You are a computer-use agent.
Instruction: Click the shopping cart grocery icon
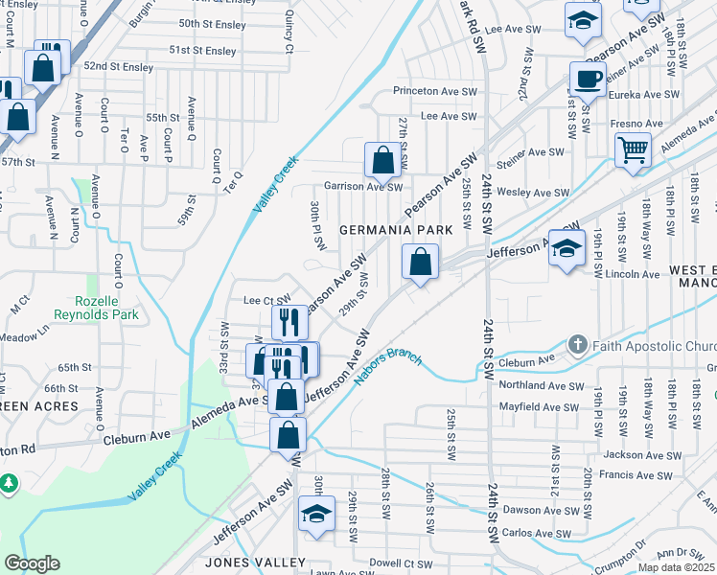click(x=634, y=149)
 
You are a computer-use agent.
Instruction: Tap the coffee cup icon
click(x=588, y=78)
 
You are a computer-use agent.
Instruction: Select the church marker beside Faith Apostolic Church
click(x=577, y=344)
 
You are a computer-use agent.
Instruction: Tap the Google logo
click(x=32, y=563)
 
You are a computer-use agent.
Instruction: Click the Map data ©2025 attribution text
click(x=677, y=567)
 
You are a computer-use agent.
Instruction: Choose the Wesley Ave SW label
click(x=540, y=193)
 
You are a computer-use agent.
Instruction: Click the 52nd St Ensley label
click(x=118, y=67)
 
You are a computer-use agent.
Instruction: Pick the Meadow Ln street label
click(x=25, y=336)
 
